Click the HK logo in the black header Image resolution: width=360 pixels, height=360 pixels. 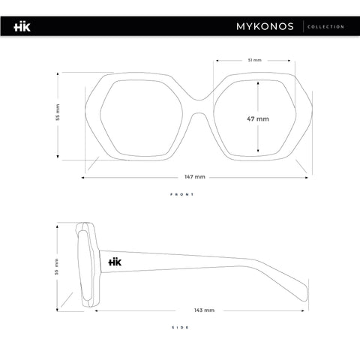[22, 27]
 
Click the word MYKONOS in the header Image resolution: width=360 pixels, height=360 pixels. [265, 26]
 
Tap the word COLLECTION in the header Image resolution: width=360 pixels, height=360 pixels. [325, 27]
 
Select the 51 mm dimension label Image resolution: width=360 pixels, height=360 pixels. [254, 60]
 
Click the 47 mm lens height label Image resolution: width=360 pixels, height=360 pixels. [258, 118]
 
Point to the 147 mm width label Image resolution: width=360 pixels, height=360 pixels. [195, 177]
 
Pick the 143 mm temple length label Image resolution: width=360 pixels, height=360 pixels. [204, 310]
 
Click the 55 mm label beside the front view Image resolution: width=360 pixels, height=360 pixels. [58, 112]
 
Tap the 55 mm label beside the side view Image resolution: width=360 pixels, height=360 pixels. [57, 267]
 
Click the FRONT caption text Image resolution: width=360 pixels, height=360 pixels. [182, 194]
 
